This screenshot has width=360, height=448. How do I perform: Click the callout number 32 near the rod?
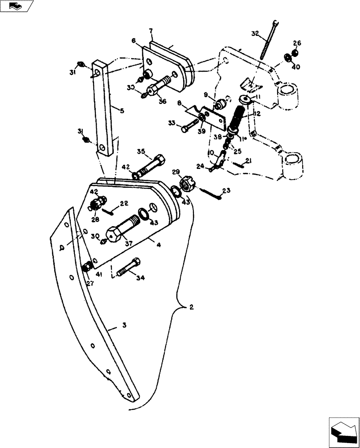(255, 34)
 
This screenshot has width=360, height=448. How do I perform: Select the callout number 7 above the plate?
(151, 31)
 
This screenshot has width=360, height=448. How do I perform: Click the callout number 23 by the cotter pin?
(226, 190)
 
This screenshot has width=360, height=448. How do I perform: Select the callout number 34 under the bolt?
(141, 278)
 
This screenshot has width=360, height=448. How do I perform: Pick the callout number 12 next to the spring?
(257, 114)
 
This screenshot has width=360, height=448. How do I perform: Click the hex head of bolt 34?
(136, 261)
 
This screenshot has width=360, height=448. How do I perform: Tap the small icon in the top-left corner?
(17, 6)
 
